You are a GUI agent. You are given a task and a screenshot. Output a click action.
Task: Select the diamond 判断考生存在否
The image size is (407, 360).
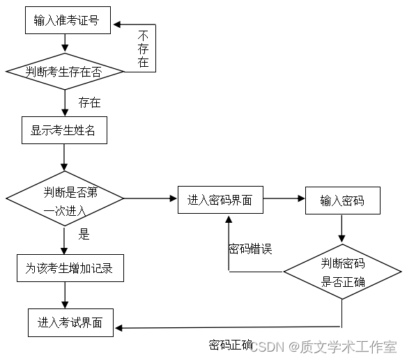[x=65, y=71]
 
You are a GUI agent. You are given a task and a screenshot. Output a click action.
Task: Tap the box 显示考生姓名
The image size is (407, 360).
[x=64, y=130]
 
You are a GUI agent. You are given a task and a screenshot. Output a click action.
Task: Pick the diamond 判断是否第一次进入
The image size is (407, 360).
[x=65, y=199]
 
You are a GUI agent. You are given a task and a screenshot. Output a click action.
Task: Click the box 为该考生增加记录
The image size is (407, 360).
[x=70, y=267]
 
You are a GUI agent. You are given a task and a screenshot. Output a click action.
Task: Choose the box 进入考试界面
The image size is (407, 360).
[x=70, y=322]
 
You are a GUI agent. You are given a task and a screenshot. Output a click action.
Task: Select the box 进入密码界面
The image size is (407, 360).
[x=220, y=201]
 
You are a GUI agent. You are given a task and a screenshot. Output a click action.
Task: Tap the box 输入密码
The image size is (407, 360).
[x=344, y=201]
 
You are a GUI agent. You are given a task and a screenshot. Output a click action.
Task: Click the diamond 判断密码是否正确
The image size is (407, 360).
[x=342, y=272]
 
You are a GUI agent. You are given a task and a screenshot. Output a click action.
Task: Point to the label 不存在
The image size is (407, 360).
[x=144, y=49]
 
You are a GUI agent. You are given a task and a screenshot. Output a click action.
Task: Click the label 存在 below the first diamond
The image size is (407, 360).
[x=89, y=102]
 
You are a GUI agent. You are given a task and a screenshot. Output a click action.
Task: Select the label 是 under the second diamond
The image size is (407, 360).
[x=84, y=234]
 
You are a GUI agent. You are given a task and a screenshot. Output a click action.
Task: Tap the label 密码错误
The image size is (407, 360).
[x=249, y=248]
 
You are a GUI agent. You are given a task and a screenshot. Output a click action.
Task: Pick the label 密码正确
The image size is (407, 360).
[x=230, y=344]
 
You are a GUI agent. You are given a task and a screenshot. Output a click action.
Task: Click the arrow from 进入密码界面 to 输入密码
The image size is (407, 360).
[x=284, y=200]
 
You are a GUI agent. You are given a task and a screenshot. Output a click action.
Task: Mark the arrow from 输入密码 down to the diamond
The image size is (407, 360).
[x=341, y=228]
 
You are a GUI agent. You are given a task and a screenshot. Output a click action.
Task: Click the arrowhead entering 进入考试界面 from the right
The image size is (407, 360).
[x=119, y=327]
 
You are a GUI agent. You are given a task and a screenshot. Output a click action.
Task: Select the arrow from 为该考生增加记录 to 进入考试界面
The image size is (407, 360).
[x=65, y=295]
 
